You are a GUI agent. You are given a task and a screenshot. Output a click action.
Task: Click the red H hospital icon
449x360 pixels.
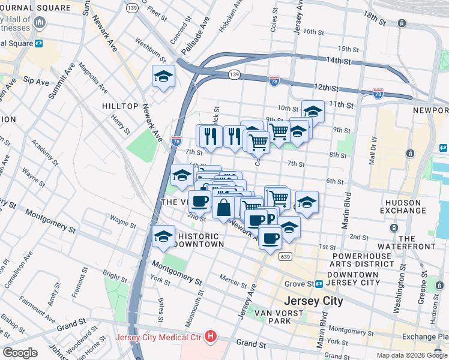point(210,337)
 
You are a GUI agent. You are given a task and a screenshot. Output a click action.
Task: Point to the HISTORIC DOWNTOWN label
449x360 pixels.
point(198,240)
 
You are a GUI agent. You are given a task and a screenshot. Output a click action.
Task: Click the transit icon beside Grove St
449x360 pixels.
point(319,284)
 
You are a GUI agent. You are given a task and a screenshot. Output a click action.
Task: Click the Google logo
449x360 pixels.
point(20,352)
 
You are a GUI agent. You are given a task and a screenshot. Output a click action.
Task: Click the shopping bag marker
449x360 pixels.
point(223,208)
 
